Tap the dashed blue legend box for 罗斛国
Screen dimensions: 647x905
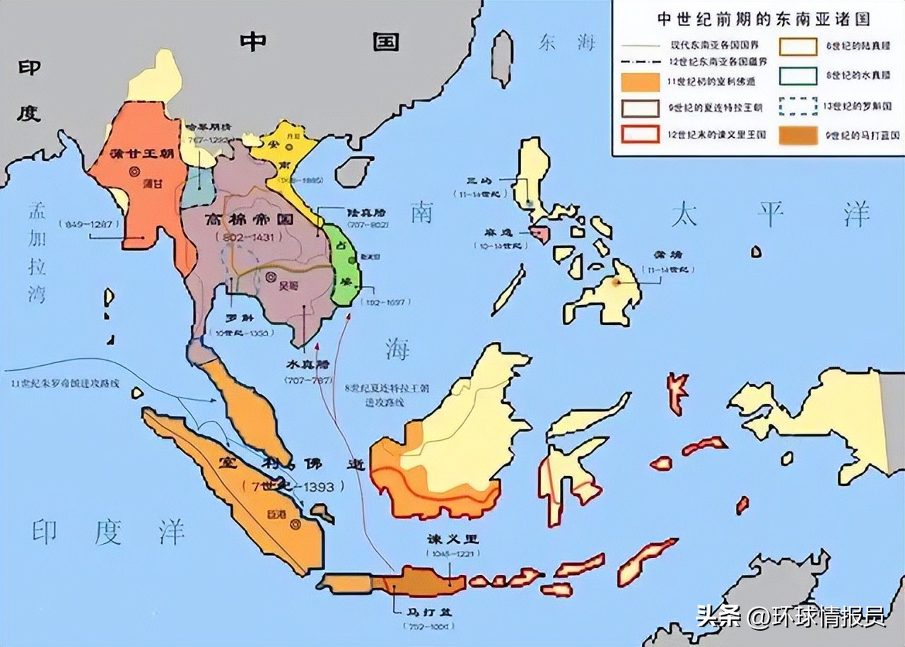click(x=798, y=105)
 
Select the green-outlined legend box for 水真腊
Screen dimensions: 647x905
click(x=798, y=75)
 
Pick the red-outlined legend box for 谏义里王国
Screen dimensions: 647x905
click(x=641, y=134)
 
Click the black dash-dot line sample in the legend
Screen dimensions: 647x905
click(x=641, y=59)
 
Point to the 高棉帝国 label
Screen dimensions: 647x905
click(x=240, y=220)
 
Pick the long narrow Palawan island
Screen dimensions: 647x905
click(x=508, y=290)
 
